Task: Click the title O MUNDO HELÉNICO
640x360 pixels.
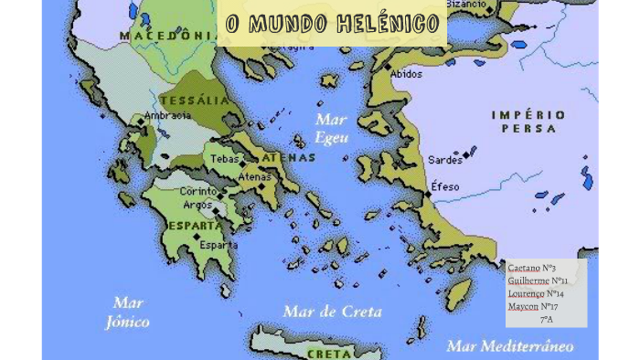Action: coord(333,24)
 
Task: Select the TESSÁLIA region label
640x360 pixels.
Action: coord(194,101)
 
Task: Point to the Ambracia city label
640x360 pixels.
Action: coord(167,116)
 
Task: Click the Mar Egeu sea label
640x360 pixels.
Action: coord(331,129)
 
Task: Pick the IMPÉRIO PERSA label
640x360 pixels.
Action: coord(528,122)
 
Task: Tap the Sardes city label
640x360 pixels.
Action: coord(445,160)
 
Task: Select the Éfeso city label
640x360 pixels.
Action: coord(446,186)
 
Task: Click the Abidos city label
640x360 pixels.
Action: coord(407,74)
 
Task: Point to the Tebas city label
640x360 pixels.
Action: coord(224,159)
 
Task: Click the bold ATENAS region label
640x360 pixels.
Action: coord(289,157)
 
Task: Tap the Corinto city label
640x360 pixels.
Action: coord(197,192)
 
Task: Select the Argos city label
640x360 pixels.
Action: coord(197,206)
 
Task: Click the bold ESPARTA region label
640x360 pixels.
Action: coord(194,225)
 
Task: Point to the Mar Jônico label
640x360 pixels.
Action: coord(127,312)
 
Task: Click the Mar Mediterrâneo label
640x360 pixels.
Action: coord(509,346)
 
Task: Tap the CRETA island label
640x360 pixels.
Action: coord(329,353)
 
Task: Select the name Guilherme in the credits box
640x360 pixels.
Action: coord(528,281)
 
